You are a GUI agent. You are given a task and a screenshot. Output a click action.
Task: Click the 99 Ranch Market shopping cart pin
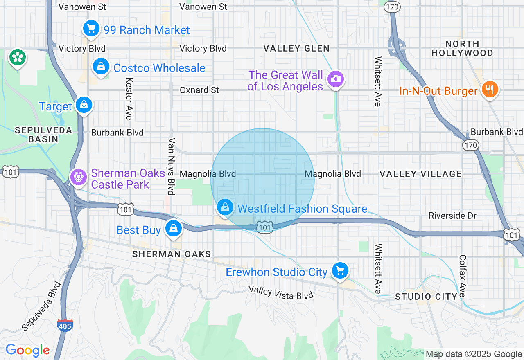(x=91, y=29)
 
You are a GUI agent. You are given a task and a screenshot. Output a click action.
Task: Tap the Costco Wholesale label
(x=159, y=68)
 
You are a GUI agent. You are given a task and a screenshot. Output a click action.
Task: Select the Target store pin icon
(x=84, y=105)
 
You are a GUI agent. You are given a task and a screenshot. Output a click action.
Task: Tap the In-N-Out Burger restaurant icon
(x=490, y=89)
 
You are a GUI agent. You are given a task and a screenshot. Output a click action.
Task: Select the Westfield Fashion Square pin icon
(x=225, y=207)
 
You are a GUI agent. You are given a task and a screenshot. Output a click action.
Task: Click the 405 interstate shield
(x=65, y=325)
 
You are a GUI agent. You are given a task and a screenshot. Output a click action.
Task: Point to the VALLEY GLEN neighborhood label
(x=296, y=48)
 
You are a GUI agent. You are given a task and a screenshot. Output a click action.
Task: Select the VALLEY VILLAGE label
(x=420, y=174)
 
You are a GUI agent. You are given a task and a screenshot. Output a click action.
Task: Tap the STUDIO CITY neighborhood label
(x=426, y=297)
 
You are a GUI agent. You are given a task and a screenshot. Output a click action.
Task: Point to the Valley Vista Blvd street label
(x=281, y=292)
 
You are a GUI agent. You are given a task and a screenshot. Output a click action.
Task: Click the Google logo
(x=27, y=350)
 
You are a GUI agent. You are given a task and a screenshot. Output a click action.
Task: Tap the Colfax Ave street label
(x=462, y=276)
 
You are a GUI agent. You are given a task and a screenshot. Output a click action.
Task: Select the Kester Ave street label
(x=129, y=99)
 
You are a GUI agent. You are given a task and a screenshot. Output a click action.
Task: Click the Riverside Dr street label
(x=453, y=216)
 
